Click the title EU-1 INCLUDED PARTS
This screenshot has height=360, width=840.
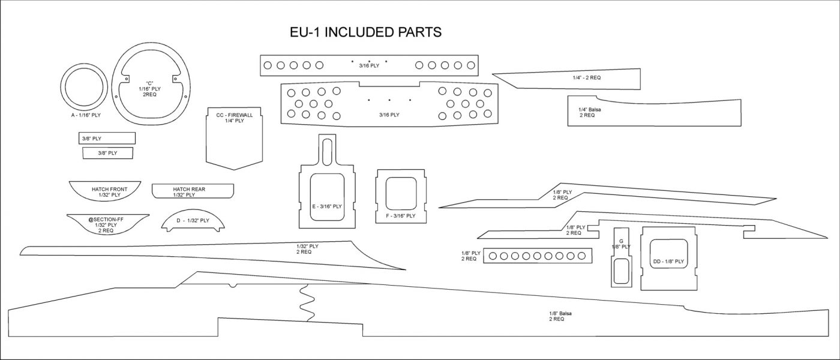tap(365, 32)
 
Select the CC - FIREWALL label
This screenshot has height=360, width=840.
tap(235, 114)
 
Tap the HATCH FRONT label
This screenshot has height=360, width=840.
tap(106, 189)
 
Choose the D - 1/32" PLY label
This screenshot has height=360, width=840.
tap(193, 220)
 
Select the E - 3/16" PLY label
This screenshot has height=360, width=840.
tap(326, 206)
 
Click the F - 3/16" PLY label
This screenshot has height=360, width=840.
tap(401, 215)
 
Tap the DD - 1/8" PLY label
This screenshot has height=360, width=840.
tap(668, 262)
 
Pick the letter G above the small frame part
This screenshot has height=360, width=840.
tap(621, 241)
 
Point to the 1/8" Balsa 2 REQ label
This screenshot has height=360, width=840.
tap(556, 316)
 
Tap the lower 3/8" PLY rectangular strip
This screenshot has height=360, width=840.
tap(108, 153)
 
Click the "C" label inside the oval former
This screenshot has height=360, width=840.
tap(150, 83)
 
